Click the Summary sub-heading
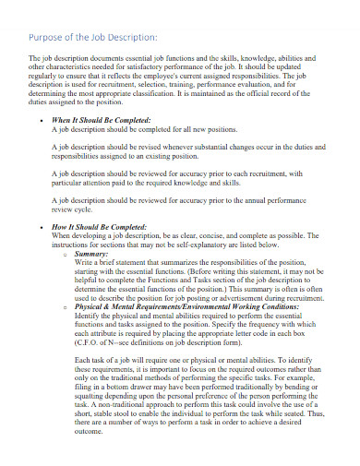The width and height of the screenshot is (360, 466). [x=92, y=253]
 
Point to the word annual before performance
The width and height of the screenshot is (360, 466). [x=270, y=199]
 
